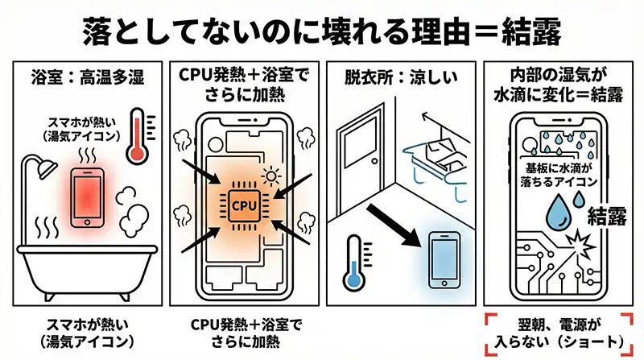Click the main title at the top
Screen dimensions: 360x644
point(322,31)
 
